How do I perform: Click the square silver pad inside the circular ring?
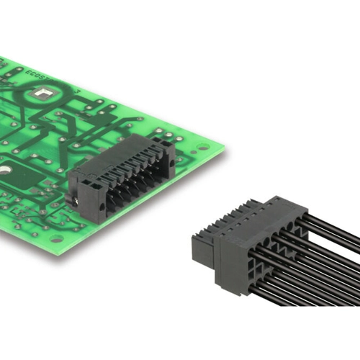click(42, 92)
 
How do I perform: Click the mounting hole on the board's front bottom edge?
click(55, 238)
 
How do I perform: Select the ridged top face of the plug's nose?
click(216, 220)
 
